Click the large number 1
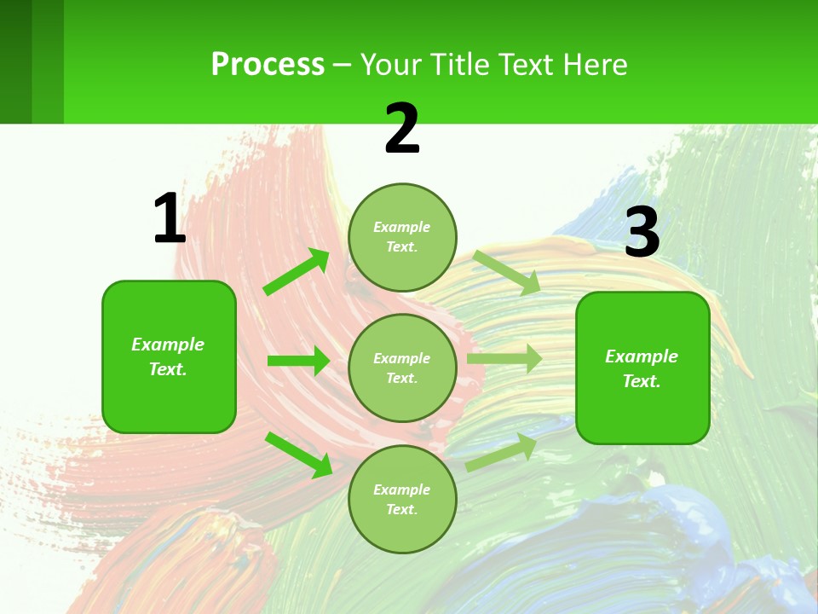coord(170,219)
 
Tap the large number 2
coord(402,130)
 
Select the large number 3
coord(642,233)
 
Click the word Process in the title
coord(268,64)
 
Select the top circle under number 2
coord(402,237)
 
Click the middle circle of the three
coord(402,368)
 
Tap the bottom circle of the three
coord(402,499)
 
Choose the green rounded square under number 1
coord(169,356)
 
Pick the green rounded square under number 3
coord(642,368)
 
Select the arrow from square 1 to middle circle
coord(298,361)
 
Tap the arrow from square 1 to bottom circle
coord(299,455)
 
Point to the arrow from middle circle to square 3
coord(504,359)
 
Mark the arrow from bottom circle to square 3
coord(501,452)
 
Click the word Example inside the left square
coord(168,345)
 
